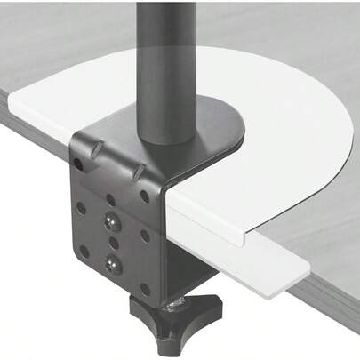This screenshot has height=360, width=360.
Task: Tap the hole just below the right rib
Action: pyautogui.click(x=143, y=196)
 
